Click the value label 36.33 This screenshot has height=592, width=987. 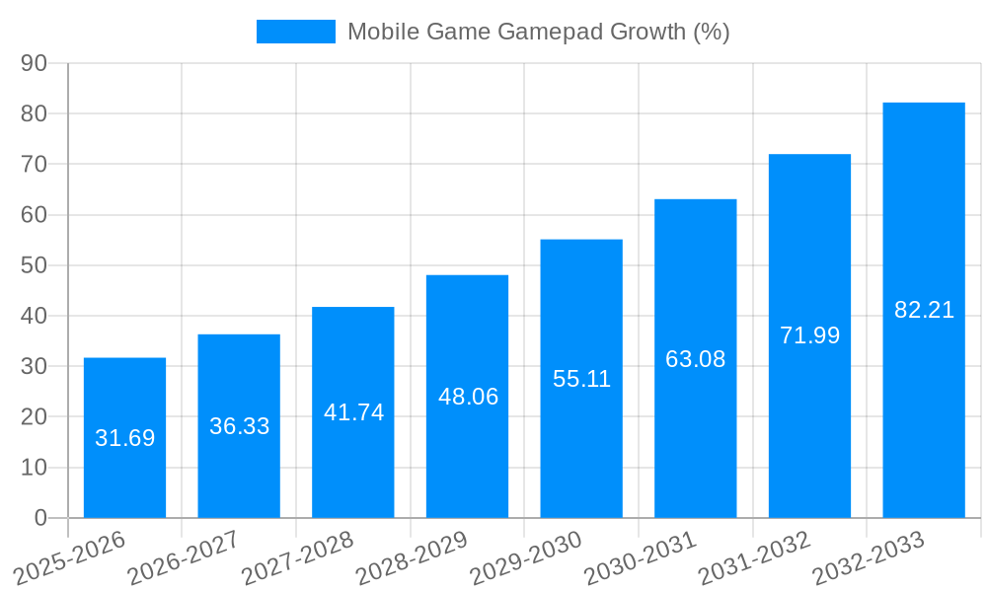tap(239, 426)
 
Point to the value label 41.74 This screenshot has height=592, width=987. tap(353, 412)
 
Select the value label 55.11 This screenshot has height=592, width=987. tap(581, 379)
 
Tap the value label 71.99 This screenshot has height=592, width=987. tap(809, 335)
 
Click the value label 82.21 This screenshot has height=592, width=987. tap(924, 310)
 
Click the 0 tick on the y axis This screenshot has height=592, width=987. tap(40, 518)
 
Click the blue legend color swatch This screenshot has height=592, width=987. tap(295, 32)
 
